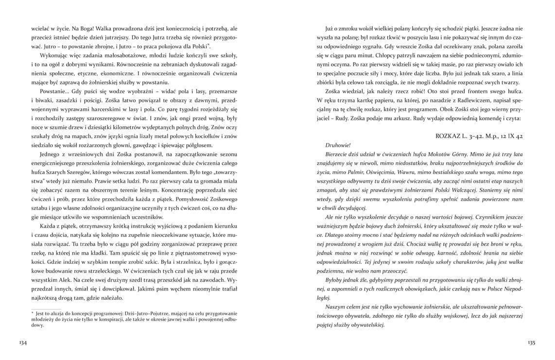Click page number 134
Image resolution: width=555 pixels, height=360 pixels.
click(22, 343)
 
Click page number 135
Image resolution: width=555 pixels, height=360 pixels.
click(531, 343)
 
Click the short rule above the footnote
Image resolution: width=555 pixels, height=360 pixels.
click(46, 309)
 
